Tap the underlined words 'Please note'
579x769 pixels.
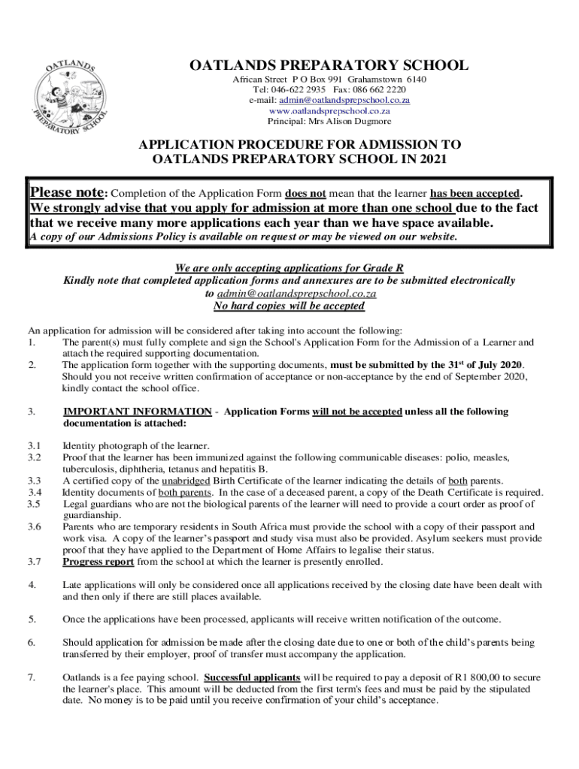point(65,191)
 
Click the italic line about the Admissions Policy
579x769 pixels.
point(242,237)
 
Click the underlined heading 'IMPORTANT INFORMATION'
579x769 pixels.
point(137,412)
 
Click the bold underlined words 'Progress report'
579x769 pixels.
point(98,562)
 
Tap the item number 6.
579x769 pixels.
point(32,642)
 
